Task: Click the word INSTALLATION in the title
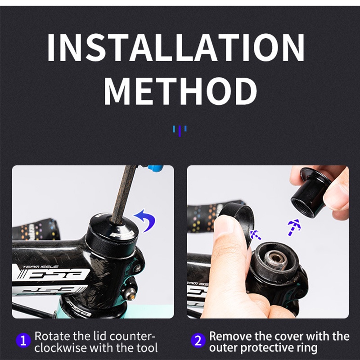(176, 48)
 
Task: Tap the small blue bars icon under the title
(180, 130)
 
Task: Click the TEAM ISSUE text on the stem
(34, 266)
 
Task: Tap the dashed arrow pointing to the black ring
(256, 234)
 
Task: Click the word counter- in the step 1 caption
(133, 336)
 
